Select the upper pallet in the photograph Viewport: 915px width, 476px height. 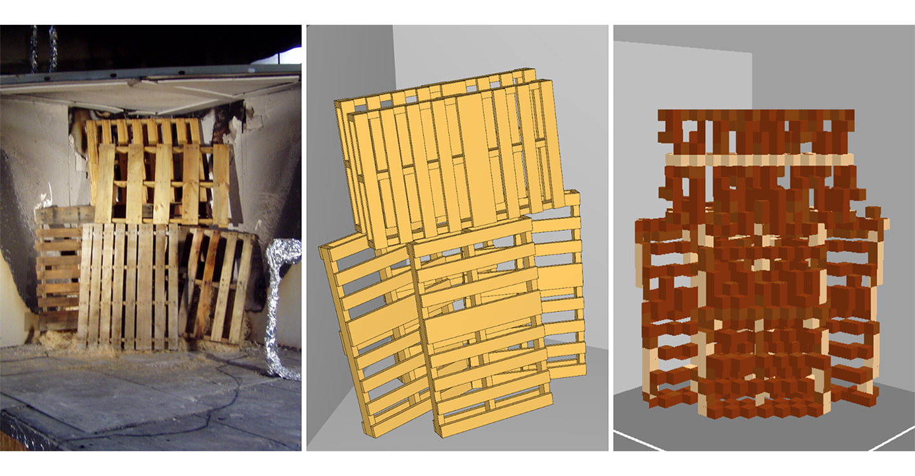pos(159,171)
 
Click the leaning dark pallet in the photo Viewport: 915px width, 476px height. pos(219,286)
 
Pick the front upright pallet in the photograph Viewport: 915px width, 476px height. pos(127,286)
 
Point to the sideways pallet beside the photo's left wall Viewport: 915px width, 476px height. pos(57,273)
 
